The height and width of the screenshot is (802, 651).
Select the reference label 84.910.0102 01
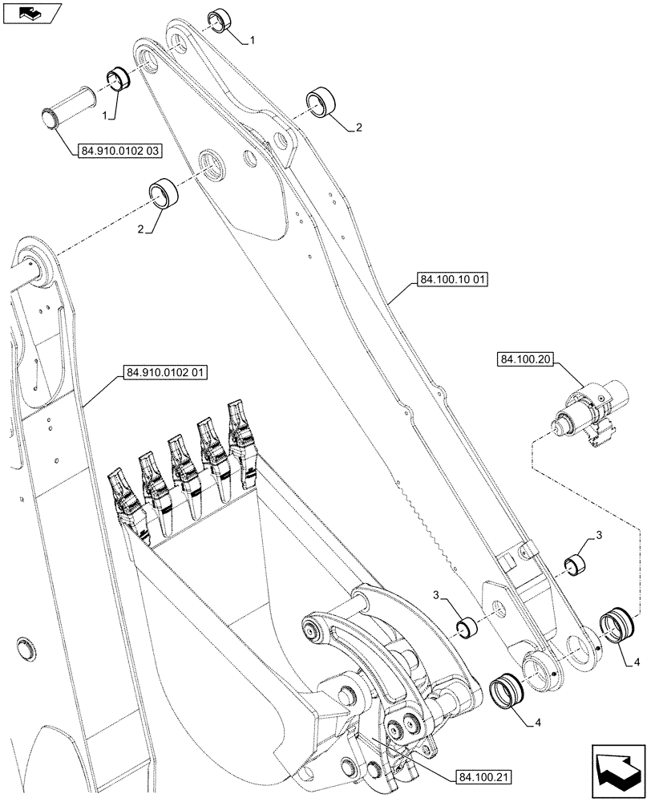pos(165,373)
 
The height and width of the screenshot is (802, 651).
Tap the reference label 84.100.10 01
pos(453,280)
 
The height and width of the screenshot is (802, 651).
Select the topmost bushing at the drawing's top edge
pos(220,22)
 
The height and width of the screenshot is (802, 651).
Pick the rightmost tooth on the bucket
pos(241,429)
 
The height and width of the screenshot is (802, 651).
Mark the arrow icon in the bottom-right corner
pos(617,772)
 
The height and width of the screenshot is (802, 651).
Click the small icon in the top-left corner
pos(32,13)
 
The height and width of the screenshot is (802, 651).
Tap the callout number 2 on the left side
pos(141,229)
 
